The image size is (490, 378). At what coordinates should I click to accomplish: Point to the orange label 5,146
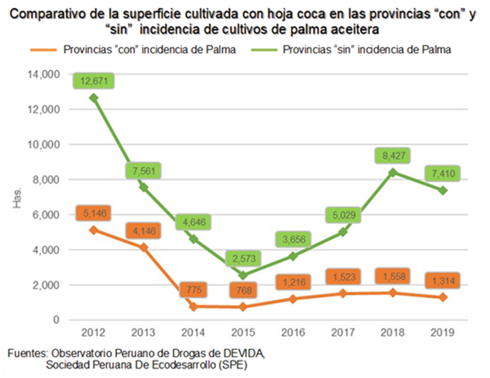tap(94, 213)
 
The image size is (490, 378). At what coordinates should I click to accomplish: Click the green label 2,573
tap(243, 258)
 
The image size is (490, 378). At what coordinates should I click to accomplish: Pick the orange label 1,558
tap(393, 276)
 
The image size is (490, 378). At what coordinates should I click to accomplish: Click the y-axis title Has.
tap(17, 198)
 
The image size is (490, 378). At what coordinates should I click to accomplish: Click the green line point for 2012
tap(94, 97)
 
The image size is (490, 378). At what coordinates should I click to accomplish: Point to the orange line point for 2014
tap(194, 306)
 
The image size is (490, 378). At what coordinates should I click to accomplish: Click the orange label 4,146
tap(144, 231)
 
